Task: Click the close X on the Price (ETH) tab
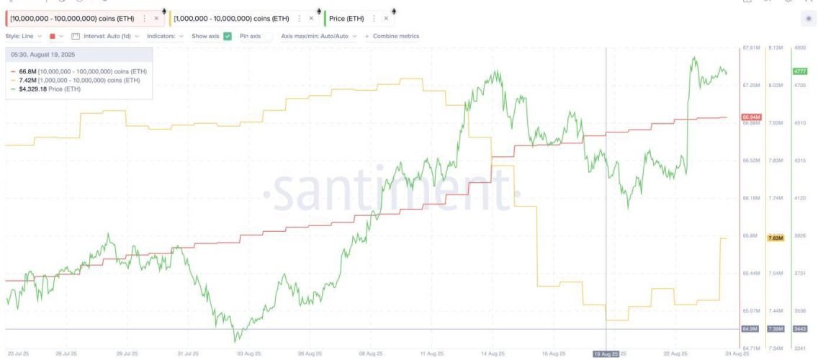coord(386,18)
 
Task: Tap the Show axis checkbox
coord(227,36)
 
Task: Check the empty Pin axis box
coord(268,36)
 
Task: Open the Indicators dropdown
coord(165,36)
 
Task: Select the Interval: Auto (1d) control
coord(106,36)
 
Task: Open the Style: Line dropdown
coord(24,36)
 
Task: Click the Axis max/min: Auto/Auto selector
coord(318,36)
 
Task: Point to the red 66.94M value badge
coord(751,117)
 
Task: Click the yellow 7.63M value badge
coord(775,238)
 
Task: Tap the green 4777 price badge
coord(799,71)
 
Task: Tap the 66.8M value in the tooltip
coord(26,72)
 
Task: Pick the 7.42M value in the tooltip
coord(27,81)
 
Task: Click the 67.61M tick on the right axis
coord(750,48)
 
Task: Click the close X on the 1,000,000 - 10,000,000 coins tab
coord(311,18)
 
